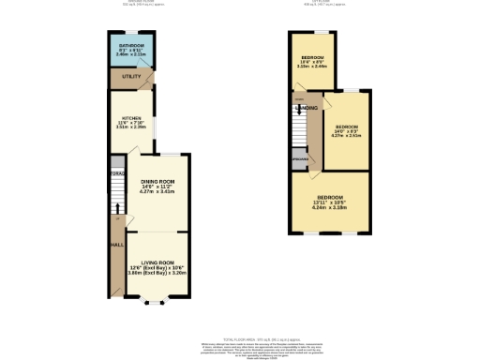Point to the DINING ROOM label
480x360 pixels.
coord(157,182)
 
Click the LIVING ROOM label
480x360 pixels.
coord(157,262)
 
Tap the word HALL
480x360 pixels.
coord(117,245)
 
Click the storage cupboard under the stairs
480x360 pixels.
coord(117,175)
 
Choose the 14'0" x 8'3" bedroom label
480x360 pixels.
coord(347,130)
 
